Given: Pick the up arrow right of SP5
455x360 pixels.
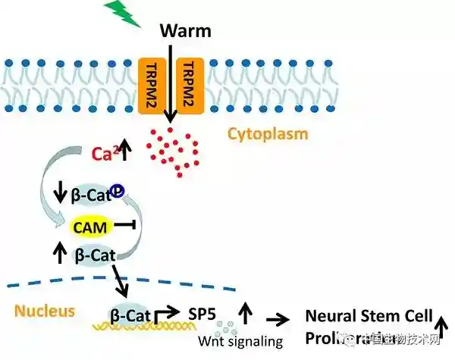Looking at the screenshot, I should (x=245, y=310).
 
